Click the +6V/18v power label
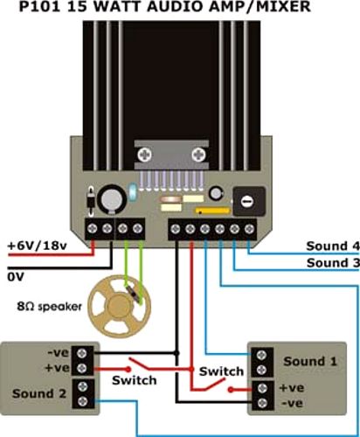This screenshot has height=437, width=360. pyautogui.click(x=37, y=246)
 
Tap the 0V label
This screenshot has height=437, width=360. pyautogui.click(x=15, y=277)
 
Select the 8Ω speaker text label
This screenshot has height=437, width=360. pyautogui.click(x=49, y=307)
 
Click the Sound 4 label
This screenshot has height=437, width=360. pyautogui.click(x=333, y=246)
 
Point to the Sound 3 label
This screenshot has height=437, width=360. pyautogui.click(x=333, y=263)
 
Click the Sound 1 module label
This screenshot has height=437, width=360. pyautogui.click(x=310, y=361)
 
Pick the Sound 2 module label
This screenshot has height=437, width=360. pyautogui.click(x=39, y=393)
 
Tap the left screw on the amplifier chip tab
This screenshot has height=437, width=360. pyautogui.click(x=145, y=154)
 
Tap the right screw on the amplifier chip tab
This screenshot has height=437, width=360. pyautogui.click(x=198, y=154)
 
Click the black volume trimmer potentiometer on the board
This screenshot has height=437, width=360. pyautogui.click(x=249, y=201)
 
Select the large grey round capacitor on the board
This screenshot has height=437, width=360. pyautogui.click(x=112, y=199)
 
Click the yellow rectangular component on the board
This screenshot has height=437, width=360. pyautogui.click(x=213, y=211)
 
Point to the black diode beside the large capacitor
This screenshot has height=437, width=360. pyautogui.click(x=91, y=201)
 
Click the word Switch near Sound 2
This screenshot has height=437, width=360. pyautogui.click(x=135, y=380)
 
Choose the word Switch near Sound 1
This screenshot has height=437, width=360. pyautogui.click(x=221, y=371)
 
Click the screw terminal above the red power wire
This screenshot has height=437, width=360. pyautogui.click(x=93, y=229)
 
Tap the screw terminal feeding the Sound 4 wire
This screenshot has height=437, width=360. pyautogui.click(x=248, y=229)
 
